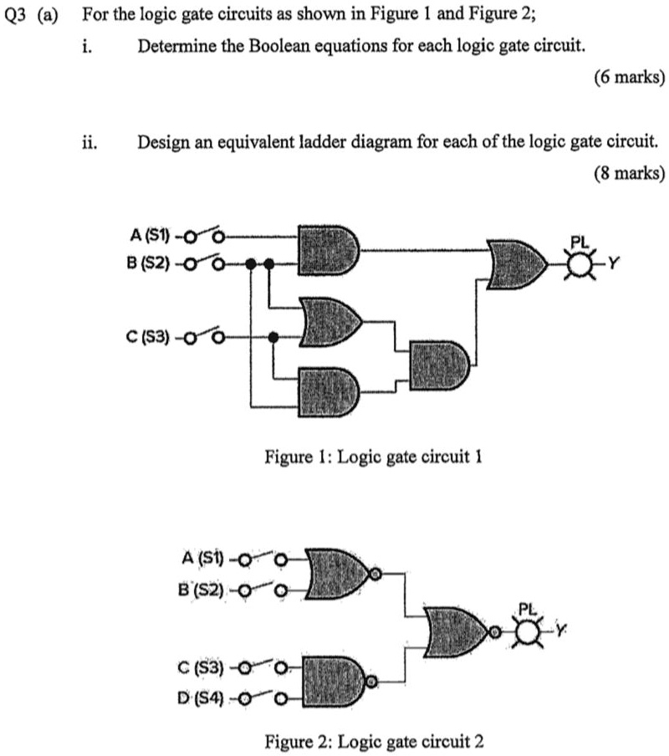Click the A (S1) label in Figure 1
point(150,236)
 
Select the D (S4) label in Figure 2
point(200,697)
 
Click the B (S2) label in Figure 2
point(201,590)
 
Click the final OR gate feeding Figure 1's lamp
point(517,264)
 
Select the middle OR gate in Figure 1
point(331,322)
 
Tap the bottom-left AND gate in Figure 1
point(329,391)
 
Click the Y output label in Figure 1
point(613,263)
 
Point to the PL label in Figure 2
point(528,609)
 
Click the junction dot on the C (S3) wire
point(273,337)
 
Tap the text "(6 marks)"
point(630,77)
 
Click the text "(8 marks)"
point(630,172)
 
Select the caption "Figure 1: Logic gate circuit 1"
point(373,456)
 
